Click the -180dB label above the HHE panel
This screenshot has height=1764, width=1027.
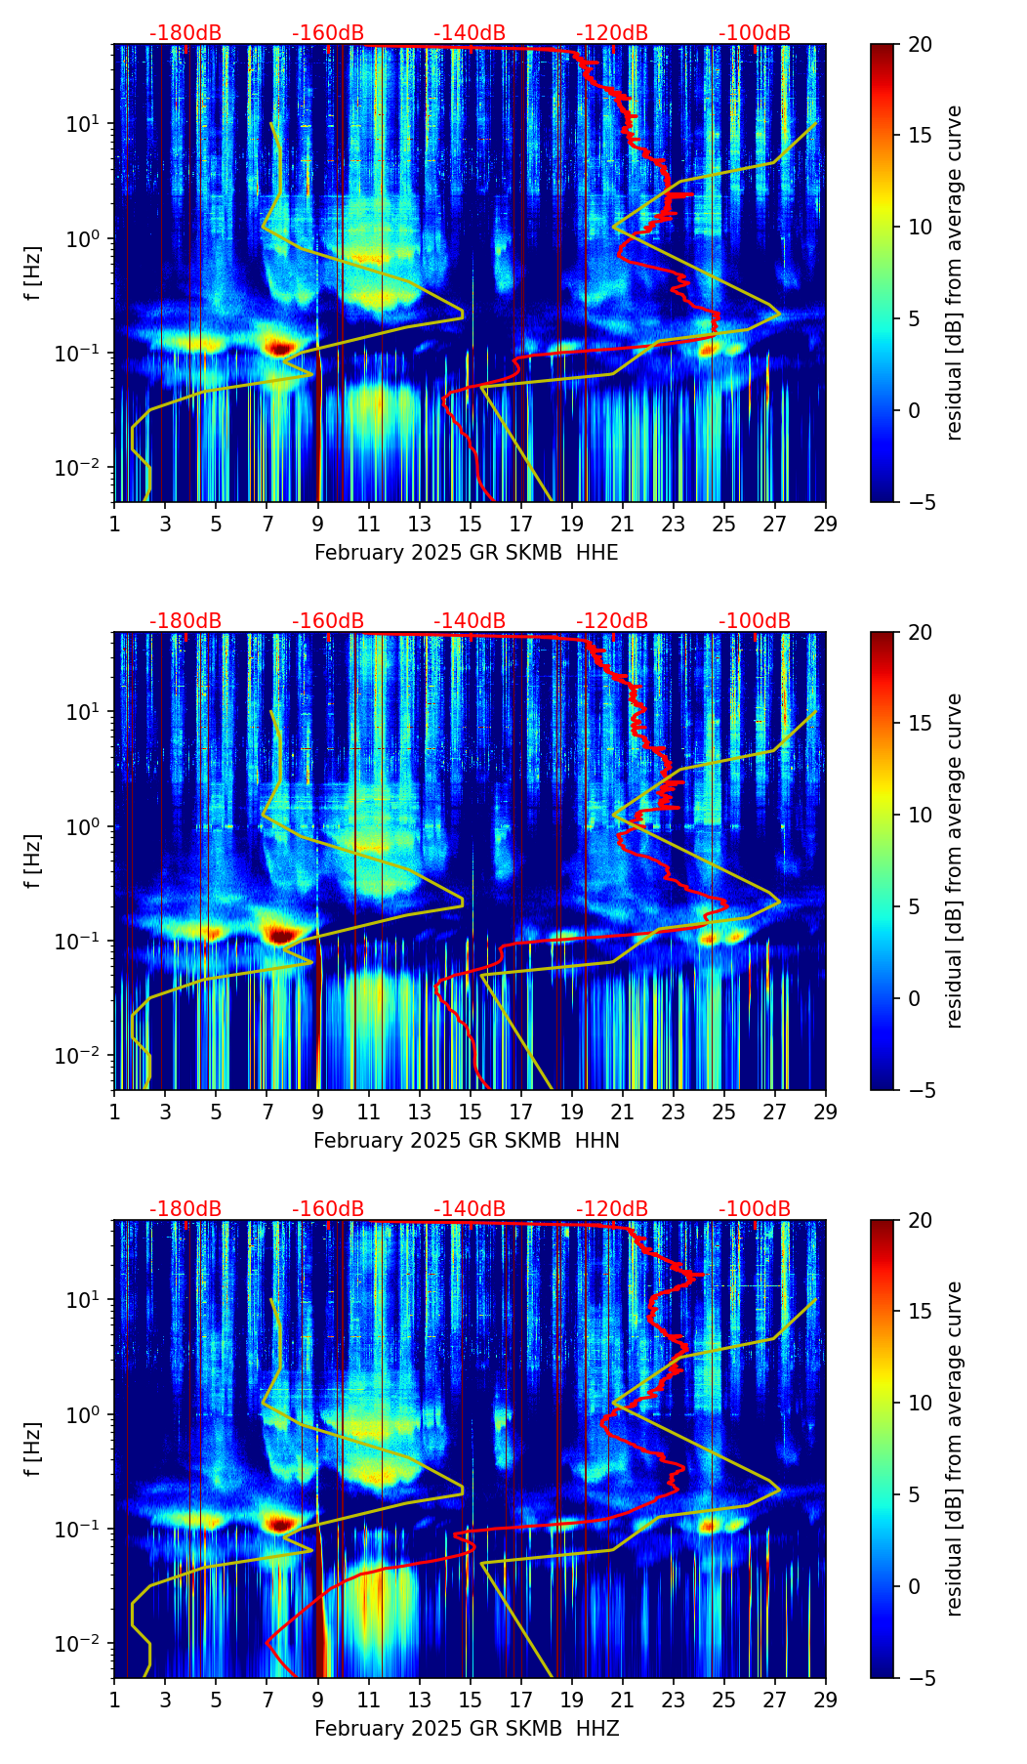(x=185, y=33)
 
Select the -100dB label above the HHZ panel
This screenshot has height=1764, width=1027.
(x=755, y=1209)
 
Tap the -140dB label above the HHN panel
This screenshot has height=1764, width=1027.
(x=470, y=621)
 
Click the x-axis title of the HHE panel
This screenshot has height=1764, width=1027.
(x=466, y=553)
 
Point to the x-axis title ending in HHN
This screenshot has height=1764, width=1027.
(x=466, y=1141)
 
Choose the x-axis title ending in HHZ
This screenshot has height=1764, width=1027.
(x=466, y=1729)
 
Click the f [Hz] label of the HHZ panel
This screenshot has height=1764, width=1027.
(x=33, y=1449)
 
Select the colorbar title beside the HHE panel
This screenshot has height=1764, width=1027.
(x=955, y=273)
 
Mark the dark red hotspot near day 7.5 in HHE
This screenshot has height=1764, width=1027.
(x=280, y=348)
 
